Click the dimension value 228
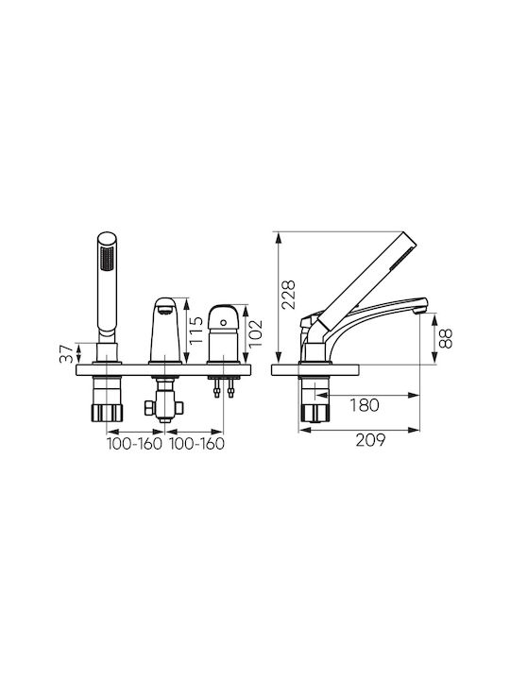pyautogui.click(x=288, y=295)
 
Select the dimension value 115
pyautogui.click(x=196, y=330)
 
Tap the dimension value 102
pyautogui.click(x=256, y=333)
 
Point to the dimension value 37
pyautogui.click(x=66, y=354)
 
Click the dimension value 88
pyautogui.click(x=446, y=338)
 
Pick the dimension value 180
pyautogui.click(x=365, y=405)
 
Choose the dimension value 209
pyautogui.click(x=370, y=440)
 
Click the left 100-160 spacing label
pyautogui.click(x=134, y=444)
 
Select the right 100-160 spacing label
pyautogui.click(x=196, y=444)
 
